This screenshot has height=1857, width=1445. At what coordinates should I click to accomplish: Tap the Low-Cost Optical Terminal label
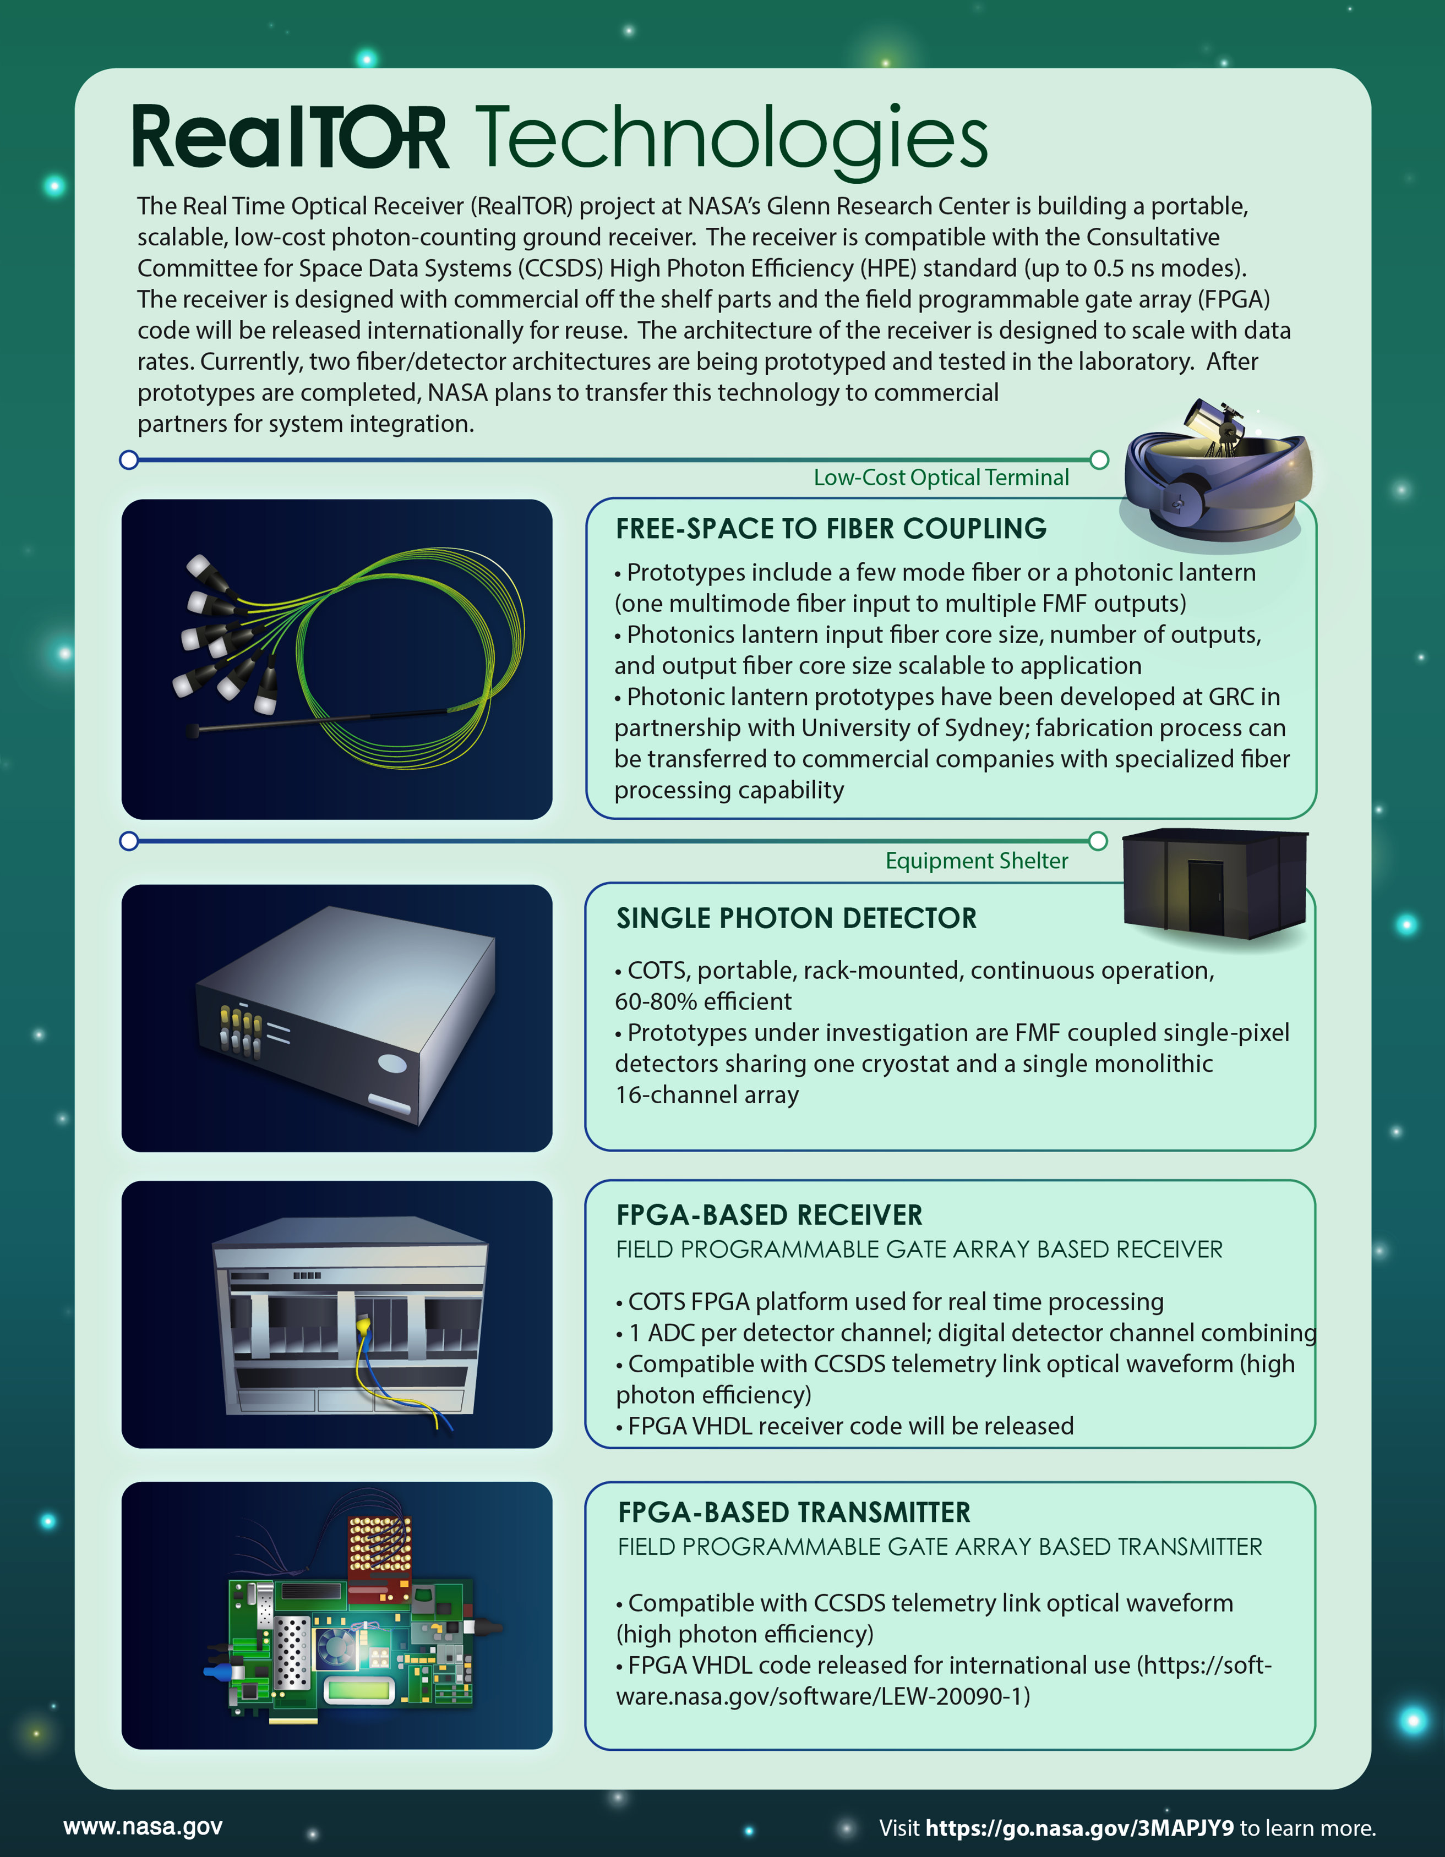click(941, 478)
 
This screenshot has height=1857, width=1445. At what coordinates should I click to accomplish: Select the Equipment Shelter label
click(977, 861)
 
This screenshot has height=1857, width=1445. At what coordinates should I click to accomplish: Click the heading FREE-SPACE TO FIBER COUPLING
click(831, 529)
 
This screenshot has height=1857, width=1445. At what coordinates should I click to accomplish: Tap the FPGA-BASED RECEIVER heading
click(769, 1215)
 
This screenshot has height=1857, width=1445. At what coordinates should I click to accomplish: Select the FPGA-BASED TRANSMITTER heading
click(794, 1513)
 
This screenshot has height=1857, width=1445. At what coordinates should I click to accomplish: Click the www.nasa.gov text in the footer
click(143, 1826)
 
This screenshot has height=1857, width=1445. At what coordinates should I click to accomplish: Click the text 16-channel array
click(707, 1095)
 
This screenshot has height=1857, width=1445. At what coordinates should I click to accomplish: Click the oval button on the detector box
click(392, 1063)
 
